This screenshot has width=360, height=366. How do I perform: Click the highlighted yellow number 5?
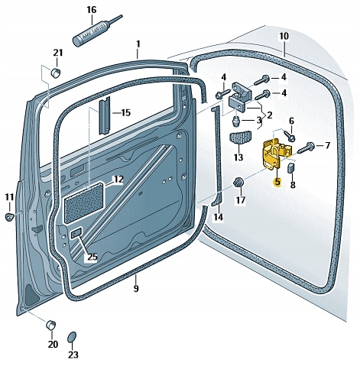(x=277, y=183)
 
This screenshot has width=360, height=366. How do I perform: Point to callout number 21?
(x=57, y=53)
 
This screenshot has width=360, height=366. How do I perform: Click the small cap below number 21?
(x=56, y=73)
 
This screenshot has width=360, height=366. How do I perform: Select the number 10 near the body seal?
(x=284, y=36)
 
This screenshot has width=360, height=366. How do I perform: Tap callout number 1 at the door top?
(x=138, y=44)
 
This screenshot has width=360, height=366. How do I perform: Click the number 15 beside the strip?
(x=126, y=112)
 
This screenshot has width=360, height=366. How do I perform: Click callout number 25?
(x=92, y=257)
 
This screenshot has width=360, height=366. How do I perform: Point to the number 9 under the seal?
(x=136, y=289)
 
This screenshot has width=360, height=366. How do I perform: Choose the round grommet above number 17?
(x=239, y=182)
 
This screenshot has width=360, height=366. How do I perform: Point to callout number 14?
(x=219, y=218)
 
